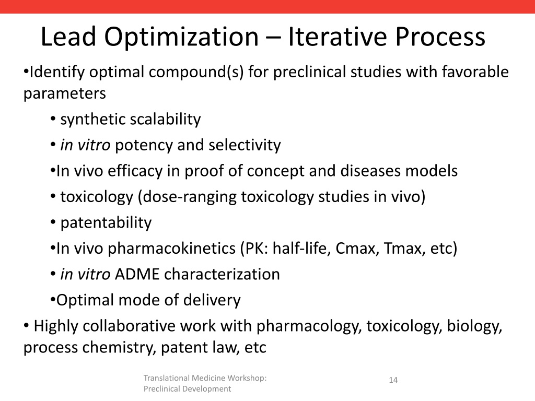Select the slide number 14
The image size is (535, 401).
tap(393, 380)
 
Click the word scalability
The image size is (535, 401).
tap(165, 120)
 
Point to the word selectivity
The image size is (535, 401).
tap(245, 145)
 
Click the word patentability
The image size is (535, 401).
tap(106, 223)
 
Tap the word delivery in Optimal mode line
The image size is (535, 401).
tap(215, 300)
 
